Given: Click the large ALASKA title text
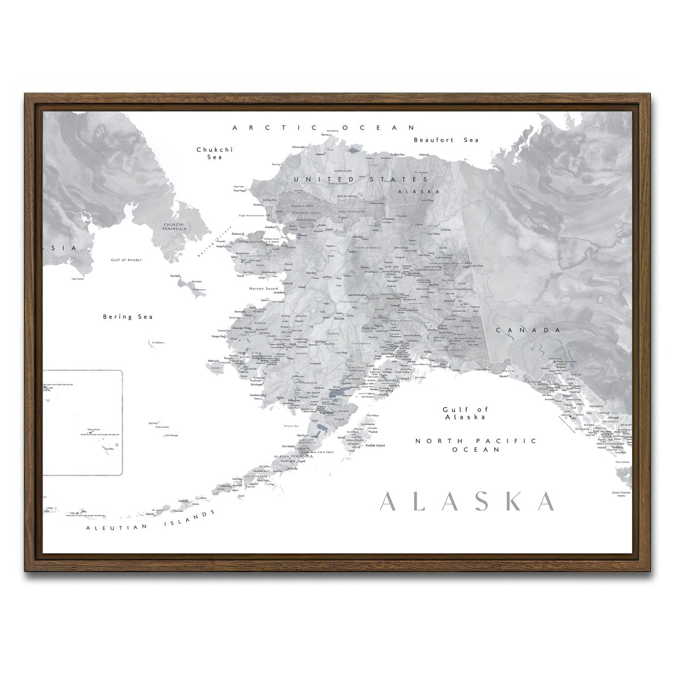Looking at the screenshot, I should (x=467, y=501).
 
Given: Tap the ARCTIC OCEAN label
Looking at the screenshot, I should (x=325, y=128).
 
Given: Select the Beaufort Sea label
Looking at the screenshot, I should (x=446, y=140).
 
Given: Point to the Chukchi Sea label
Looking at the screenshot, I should (x=214, y=153).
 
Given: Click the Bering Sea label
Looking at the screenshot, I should (x=128, y=317).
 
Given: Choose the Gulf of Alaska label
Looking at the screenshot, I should (x=465, y=413).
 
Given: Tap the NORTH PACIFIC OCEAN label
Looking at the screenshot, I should (x=475, y=445).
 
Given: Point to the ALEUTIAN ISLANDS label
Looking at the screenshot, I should (x=151, y=521).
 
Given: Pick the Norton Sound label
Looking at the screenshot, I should (x=263, y=289).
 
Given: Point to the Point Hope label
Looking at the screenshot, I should (x=240, y=191).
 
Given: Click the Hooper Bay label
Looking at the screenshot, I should (x=218, y=336).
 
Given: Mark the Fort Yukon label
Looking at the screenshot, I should (x=433, y=233).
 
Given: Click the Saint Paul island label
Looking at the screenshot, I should (x=153, y=423).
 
